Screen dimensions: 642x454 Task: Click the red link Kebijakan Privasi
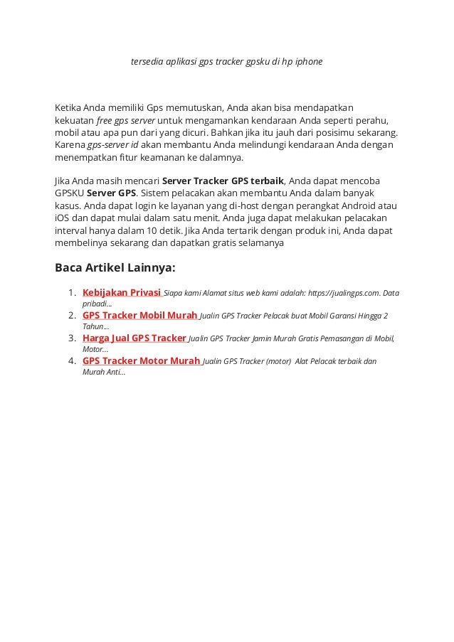(x=122, y=291)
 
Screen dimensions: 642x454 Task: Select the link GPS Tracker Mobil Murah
(x=139, y=314)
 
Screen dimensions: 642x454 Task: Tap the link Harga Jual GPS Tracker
(x=134, y=337)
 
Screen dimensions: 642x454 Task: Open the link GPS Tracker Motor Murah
(x=141, y=360)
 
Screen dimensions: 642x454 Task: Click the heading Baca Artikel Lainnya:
(x=115, y=268)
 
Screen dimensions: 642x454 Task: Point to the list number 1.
(x=71, y=292)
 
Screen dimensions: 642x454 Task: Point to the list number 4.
(x=71, y=361)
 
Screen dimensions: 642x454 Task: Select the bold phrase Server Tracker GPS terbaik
(x=223, y=181)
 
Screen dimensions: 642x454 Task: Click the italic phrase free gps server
(x=124, y=120)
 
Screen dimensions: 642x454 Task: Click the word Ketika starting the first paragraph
(x=69, y=108)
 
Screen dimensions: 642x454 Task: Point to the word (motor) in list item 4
(x=278, y=361)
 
